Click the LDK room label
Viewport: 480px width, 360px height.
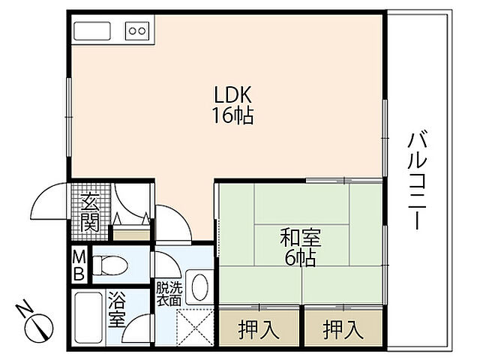pyautogui.click(x=234, y=95)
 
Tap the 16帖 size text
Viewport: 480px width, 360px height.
pyautogui.click(x=233, y=116)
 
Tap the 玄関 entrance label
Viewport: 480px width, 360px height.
pyautogui.click(x=90, y=211)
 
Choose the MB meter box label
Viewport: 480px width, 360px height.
pyautogui.click(x=79, y=264)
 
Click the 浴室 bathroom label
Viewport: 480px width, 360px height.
pyautogui.click(x=117, y=309)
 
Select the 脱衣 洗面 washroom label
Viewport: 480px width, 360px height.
pyautogui.click(x=168, y=292)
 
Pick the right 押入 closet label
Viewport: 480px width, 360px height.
pyautogui.click(x=340, y=328)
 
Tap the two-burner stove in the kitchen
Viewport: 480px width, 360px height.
pyautogui.click(x=136, y=31)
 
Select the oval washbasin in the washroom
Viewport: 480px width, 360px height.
pyautogui.click(x=199, y=286)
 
